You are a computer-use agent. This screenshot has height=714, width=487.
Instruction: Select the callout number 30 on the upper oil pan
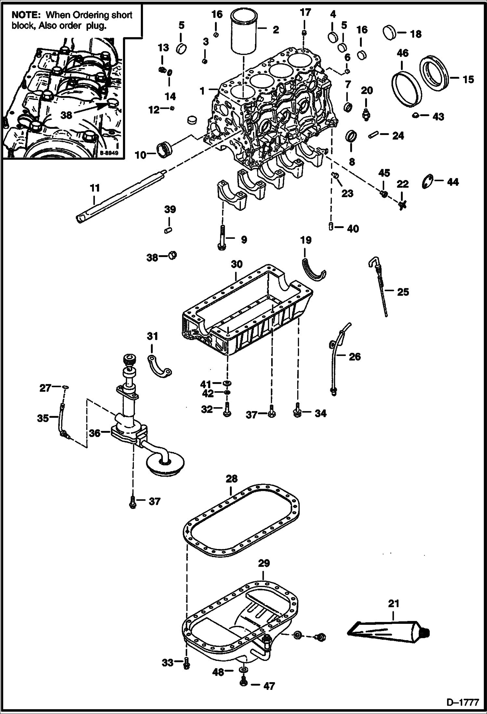[x=237, y=264]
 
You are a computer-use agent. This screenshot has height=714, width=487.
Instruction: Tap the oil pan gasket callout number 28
[x=231, y=479]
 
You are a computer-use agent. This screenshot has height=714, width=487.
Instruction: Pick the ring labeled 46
[x=406, y=88]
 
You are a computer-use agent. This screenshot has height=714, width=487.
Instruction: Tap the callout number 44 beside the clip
[x=453, y=182]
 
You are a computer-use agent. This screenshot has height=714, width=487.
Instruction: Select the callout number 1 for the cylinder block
[x=202, y=91]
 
